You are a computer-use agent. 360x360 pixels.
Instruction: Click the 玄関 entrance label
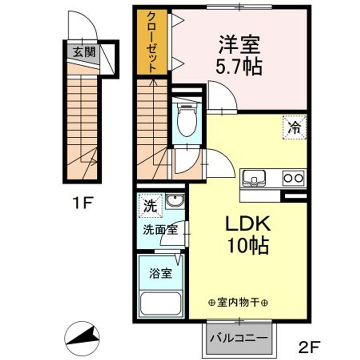[83, 51]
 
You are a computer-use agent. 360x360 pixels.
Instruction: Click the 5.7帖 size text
[238, 66]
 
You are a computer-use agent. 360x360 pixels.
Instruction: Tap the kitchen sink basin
[254, 177]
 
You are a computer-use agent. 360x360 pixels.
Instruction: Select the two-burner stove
[293, 177]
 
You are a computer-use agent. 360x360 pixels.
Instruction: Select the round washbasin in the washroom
[175, 201]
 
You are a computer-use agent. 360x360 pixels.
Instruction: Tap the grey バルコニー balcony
[239, 337]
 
